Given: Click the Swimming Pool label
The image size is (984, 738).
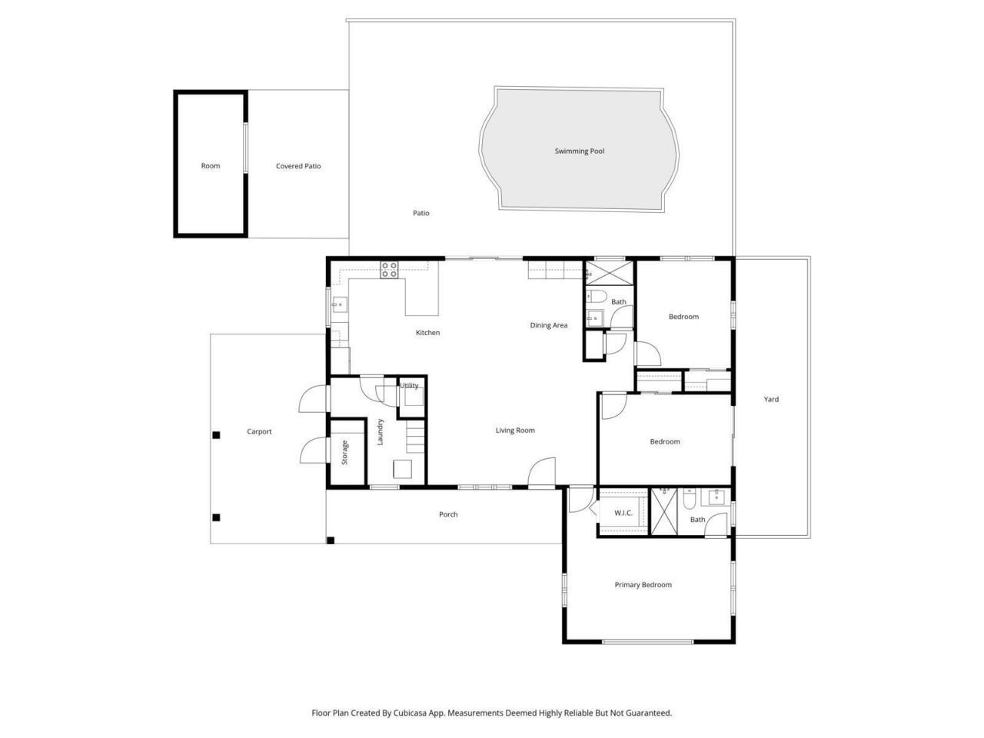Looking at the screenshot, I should coord(580,151).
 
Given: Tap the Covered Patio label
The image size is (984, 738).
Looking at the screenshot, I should coord(298,166).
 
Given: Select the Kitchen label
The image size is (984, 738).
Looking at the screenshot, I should coord(427,333).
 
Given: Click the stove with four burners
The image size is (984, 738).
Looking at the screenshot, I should coord(390,269).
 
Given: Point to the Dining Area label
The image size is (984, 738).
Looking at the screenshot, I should coord(549,325).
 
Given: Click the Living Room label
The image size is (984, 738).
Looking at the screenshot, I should coord(515,430).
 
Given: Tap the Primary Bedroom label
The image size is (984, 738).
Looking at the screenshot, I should coord(643,585).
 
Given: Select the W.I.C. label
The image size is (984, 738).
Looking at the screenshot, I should coord(623,513).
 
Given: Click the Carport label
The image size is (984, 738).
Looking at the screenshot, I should coord(259,432).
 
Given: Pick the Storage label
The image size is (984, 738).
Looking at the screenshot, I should coord(345,452).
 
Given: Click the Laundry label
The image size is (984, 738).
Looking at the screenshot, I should coord(380,432).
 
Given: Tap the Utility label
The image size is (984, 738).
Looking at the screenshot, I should coord(410,386).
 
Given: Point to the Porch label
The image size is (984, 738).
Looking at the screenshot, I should coord(448,514).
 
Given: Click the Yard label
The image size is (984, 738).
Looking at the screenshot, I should coord(771,400).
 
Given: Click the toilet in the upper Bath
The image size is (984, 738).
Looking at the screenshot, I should coord(597,298).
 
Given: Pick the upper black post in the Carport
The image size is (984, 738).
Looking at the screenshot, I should coord(216,435).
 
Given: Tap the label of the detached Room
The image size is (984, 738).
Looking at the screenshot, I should coord(210,166).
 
